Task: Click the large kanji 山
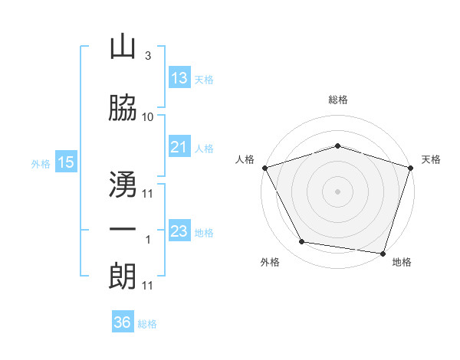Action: pyautogui.click(x=123, y=46)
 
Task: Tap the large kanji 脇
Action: pyautogui.click(x=123, y=107)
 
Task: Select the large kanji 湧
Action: pyautogui.click(x=123, y=184)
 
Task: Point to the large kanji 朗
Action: pyautogui.click(x=123, y=276)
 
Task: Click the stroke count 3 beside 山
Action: pyautogui.click(x=148, y=55)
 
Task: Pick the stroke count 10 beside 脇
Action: pyautogui.click(x=147, y=117)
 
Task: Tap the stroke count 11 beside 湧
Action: pyautogui.click(x=147, y=194)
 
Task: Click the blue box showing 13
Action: pyautogui.click(x=179, y=77)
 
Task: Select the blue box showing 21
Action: pyautogui.click(x=179, y=146)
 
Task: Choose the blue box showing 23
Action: pyautogui.click(x=179, y=230)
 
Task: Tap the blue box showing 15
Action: pyautogui.click(x=66, y=162)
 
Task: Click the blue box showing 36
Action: pyautogui.click(x=123, y=321)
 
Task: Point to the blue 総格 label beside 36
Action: pyautogui.click(x=147, y=324)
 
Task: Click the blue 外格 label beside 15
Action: pyautogui.click(x=41, y=164)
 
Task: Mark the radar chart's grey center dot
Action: pyautogui.click(x=337, y=191)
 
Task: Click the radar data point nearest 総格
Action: pyautogui.click(x=337, y=146)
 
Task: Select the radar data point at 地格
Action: pyautogui.click(x=383, y=254)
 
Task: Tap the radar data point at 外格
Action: pyautogui.click(x=302, y=241)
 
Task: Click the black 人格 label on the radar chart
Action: pyautogui.click(x=245, y=159)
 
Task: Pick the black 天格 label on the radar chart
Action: pyautogui.click(x=431, y=159)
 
